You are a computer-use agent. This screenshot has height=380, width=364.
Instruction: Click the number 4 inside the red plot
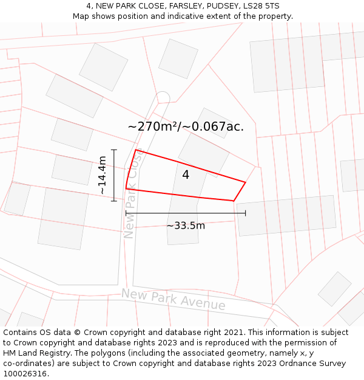186,175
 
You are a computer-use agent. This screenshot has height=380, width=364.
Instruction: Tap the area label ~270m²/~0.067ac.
186,126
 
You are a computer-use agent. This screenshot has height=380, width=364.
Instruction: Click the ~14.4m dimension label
103,175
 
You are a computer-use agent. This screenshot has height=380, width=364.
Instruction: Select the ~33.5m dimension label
186,226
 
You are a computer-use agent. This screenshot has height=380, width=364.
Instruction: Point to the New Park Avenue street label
173,299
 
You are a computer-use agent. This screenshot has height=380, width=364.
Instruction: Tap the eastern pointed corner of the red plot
245,182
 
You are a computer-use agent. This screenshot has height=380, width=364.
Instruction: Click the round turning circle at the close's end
163,97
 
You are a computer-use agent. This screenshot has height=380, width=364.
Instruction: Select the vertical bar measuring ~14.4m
114,175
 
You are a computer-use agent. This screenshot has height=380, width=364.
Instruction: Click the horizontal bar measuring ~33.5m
186,213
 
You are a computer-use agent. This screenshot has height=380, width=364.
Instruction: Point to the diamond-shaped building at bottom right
335,289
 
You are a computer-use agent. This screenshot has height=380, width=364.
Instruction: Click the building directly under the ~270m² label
203,152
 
